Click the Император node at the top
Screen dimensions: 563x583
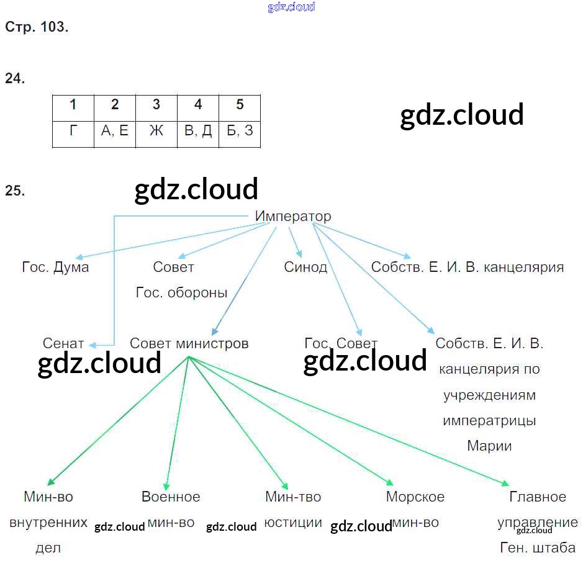point(293,217)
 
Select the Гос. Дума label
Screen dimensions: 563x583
point(55,268)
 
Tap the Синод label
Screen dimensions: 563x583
point(305,268)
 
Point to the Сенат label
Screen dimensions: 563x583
point(63,343)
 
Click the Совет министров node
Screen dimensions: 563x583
point(189,343)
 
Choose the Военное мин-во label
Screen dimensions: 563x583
point(171,509)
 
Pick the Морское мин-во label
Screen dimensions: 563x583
point(415,509)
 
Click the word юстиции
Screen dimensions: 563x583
point(293,523)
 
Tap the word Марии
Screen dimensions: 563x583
point(489,446)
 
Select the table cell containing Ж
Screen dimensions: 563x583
point(156,131)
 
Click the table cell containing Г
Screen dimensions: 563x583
point(73,131)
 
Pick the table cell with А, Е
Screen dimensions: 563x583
point(115,131)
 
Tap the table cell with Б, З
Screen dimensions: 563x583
point(240,131)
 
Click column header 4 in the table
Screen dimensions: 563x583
point(198,104)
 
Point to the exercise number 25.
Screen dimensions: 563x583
point(15,191)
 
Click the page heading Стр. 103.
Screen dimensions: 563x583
point(37,27)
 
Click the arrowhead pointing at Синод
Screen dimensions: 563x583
point(300,253)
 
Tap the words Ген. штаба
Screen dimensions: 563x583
point(538,548)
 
